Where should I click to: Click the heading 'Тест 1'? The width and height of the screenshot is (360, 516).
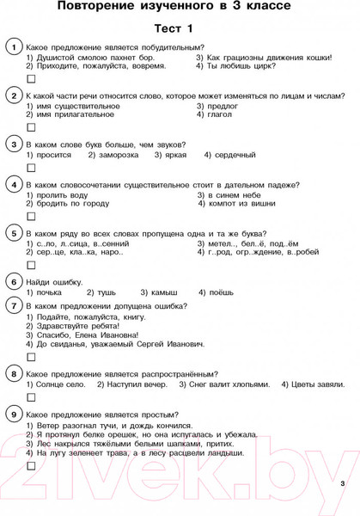click(x=179, y=28)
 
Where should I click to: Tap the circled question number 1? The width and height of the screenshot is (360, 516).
click(x=13, y=46)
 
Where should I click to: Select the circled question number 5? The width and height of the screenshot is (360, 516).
click(x=13, y=233)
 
